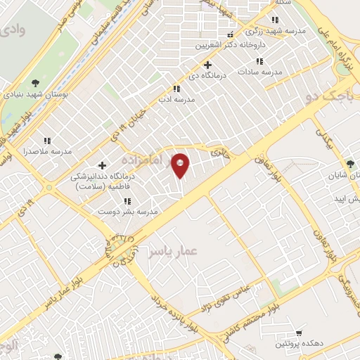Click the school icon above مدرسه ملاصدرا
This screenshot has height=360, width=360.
pyautogui.click(x=47, y=141)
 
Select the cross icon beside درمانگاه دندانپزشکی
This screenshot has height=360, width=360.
pyautogui.click(x=103, y=165)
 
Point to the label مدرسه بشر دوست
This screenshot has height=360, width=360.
pyautogui.click(x=127, y=212)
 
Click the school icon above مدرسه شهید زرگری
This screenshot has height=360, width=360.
pyautogui.click(x=274, y=20)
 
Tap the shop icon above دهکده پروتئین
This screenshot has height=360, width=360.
pyautogui.click(x=299, y=332)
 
